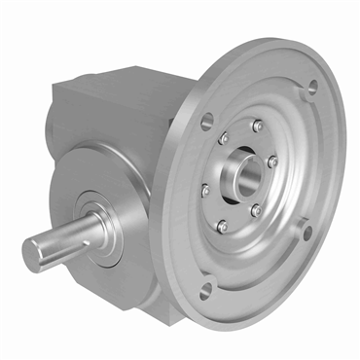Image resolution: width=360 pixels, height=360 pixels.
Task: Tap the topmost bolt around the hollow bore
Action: [x=257, y=126]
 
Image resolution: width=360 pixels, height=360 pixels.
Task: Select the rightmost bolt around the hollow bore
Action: [x=273, y=162]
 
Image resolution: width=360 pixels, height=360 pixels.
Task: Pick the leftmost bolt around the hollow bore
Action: [x=205, y=191]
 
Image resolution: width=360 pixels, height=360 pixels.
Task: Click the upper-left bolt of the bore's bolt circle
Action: [x=223, y=139]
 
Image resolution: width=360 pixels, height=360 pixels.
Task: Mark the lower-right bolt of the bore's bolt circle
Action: [x=255, y=210]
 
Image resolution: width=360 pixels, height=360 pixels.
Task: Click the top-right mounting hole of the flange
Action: [x=312, y=89]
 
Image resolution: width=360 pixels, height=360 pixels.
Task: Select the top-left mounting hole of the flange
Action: [x=207, y=123]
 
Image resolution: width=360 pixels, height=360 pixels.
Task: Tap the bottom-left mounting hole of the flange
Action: [x=204, y=288]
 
